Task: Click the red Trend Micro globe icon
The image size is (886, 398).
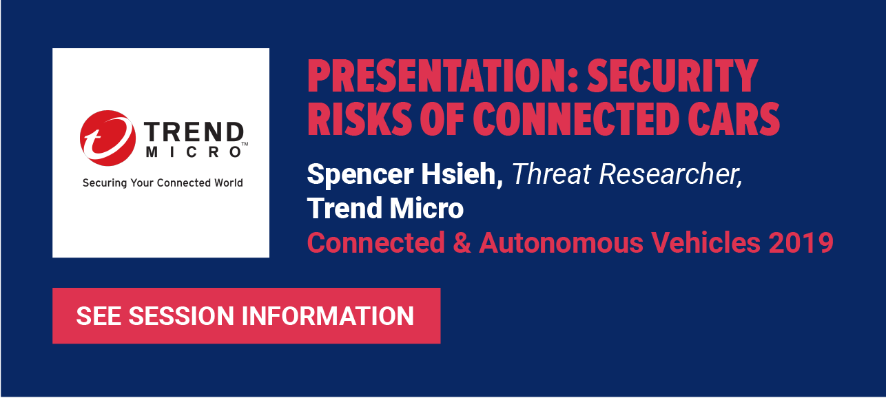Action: click(x=107, y=138)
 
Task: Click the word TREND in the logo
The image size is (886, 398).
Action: click(x=194, y=132)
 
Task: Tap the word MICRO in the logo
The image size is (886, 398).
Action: click(x=194, y=152)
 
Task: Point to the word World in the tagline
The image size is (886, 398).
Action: click(x=229, y=182)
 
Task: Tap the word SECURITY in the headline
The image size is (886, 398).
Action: click(x=672, y=76)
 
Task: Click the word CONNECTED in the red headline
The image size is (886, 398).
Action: click(x=576, y=119)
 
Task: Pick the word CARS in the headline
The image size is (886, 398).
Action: click(x=734, y=119)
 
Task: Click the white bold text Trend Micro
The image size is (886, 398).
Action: click(x=385, y=208)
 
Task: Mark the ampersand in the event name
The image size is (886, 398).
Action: click(x=462, y=242)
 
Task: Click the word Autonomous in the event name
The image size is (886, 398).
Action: click(x=562, y=242)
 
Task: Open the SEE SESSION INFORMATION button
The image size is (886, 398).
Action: click(x=247, y=316)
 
